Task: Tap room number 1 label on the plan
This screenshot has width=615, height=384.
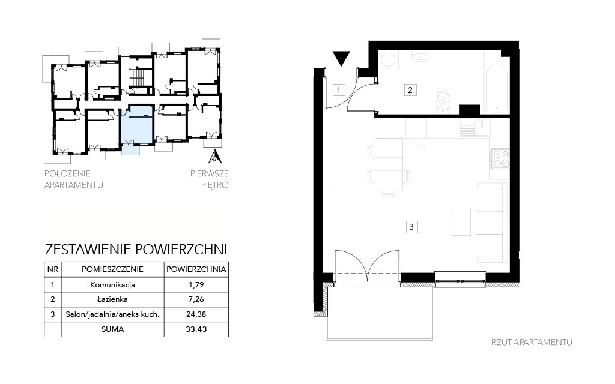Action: click(x=339, y=90)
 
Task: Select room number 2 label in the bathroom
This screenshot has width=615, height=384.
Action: click(x=410, y=90)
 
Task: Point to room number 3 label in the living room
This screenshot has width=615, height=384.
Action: click(x=411, y=227)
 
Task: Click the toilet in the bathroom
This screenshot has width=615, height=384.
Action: click(x=443, y=102)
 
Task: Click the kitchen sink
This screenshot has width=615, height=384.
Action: click(x=474, y=128)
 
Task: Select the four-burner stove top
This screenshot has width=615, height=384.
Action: click(x=500, y=158)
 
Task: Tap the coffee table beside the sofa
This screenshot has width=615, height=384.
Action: click(x=461, y=221)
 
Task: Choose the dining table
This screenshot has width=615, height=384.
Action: click(x=389, y=164)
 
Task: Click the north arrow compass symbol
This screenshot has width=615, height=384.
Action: click(x=215, y=156)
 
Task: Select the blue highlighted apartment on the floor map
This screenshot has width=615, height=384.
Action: click(x=136, y=125)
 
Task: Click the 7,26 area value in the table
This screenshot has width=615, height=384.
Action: click(x=196, y=299)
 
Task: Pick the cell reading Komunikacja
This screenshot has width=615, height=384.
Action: click(x=112, y=285)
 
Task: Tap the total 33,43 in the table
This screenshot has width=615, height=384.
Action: click(x=196, y=329)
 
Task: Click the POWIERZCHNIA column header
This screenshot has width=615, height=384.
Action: click(x=196, y=269)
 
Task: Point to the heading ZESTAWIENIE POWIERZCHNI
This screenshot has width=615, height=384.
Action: click(x=136, y=250)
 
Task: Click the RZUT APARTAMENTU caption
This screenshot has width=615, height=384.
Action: click(x=532, y=342)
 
